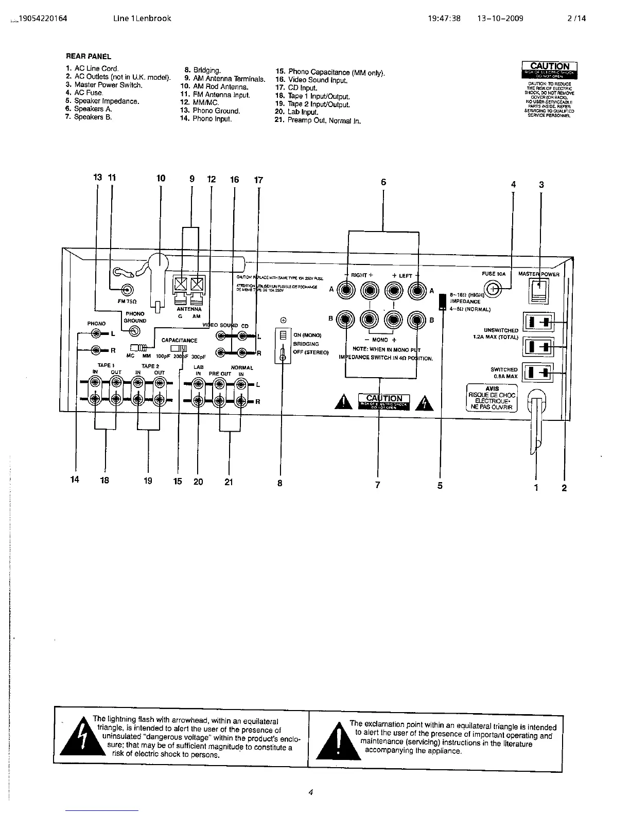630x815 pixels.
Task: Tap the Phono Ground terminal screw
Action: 134,331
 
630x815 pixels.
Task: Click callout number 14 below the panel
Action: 75,480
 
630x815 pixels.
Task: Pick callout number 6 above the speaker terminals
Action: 383,182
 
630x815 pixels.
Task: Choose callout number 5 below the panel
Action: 440,485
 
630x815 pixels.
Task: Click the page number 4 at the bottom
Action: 311,792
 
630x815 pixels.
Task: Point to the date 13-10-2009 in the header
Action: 500,19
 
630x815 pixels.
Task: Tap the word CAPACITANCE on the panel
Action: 179,340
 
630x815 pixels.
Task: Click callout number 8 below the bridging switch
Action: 279,483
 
